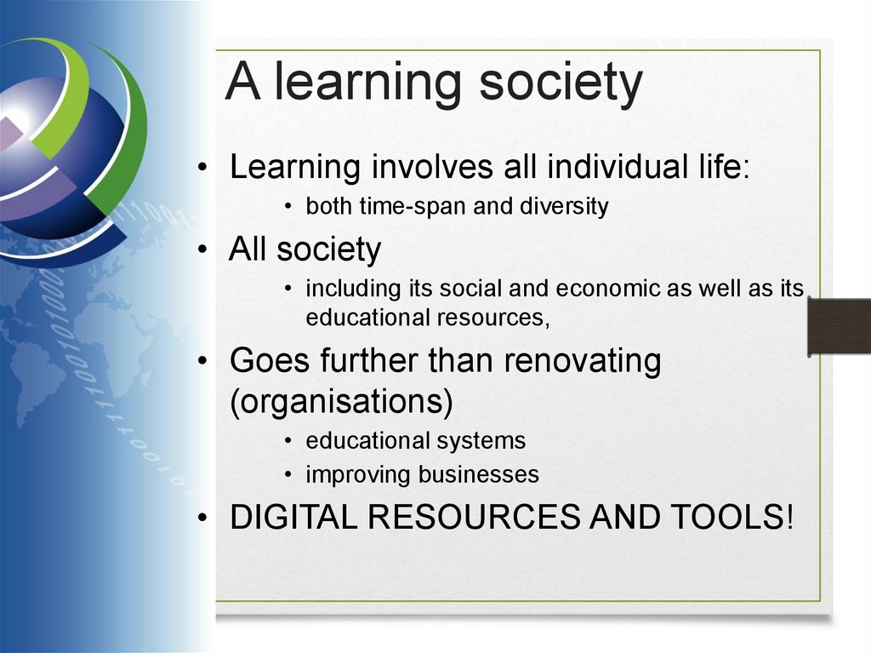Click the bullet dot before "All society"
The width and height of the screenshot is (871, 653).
click(202, 251)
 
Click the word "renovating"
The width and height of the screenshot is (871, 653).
click(582, 361)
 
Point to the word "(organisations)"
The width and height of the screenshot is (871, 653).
click(341, 401)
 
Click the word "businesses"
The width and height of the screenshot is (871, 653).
click(478, 474)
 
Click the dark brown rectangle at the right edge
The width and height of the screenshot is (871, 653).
click(838, 326)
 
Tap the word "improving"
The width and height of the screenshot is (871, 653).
click(358, 474)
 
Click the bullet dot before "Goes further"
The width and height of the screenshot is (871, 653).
click(202, 362)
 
